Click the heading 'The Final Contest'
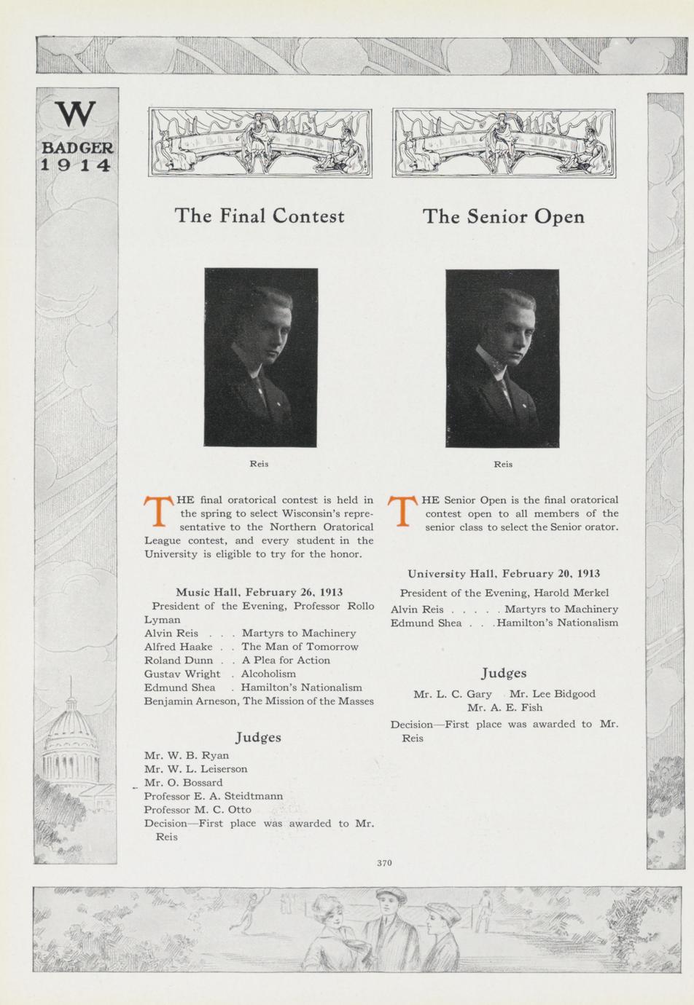[260, 216]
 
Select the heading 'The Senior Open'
[504, 216]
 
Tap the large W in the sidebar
[76, 114]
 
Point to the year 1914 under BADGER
[76, 165]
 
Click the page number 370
[384, 863]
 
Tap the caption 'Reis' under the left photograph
[259, 464]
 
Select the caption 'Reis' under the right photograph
[503, 464]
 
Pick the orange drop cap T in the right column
[402, 512]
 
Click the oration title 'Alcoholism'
[268, 674]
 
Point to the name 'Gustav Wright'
[182, 674]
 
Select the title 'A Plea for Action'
[286, 660]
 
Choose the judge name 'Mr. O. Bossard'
[184, 782]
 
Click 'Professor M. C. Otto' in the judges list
[198, 809]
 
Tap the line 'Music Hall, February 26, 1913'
[260, 592]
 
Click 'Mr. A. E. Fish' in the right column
[504, 707]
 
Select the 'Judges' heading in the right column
[504, 674]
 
